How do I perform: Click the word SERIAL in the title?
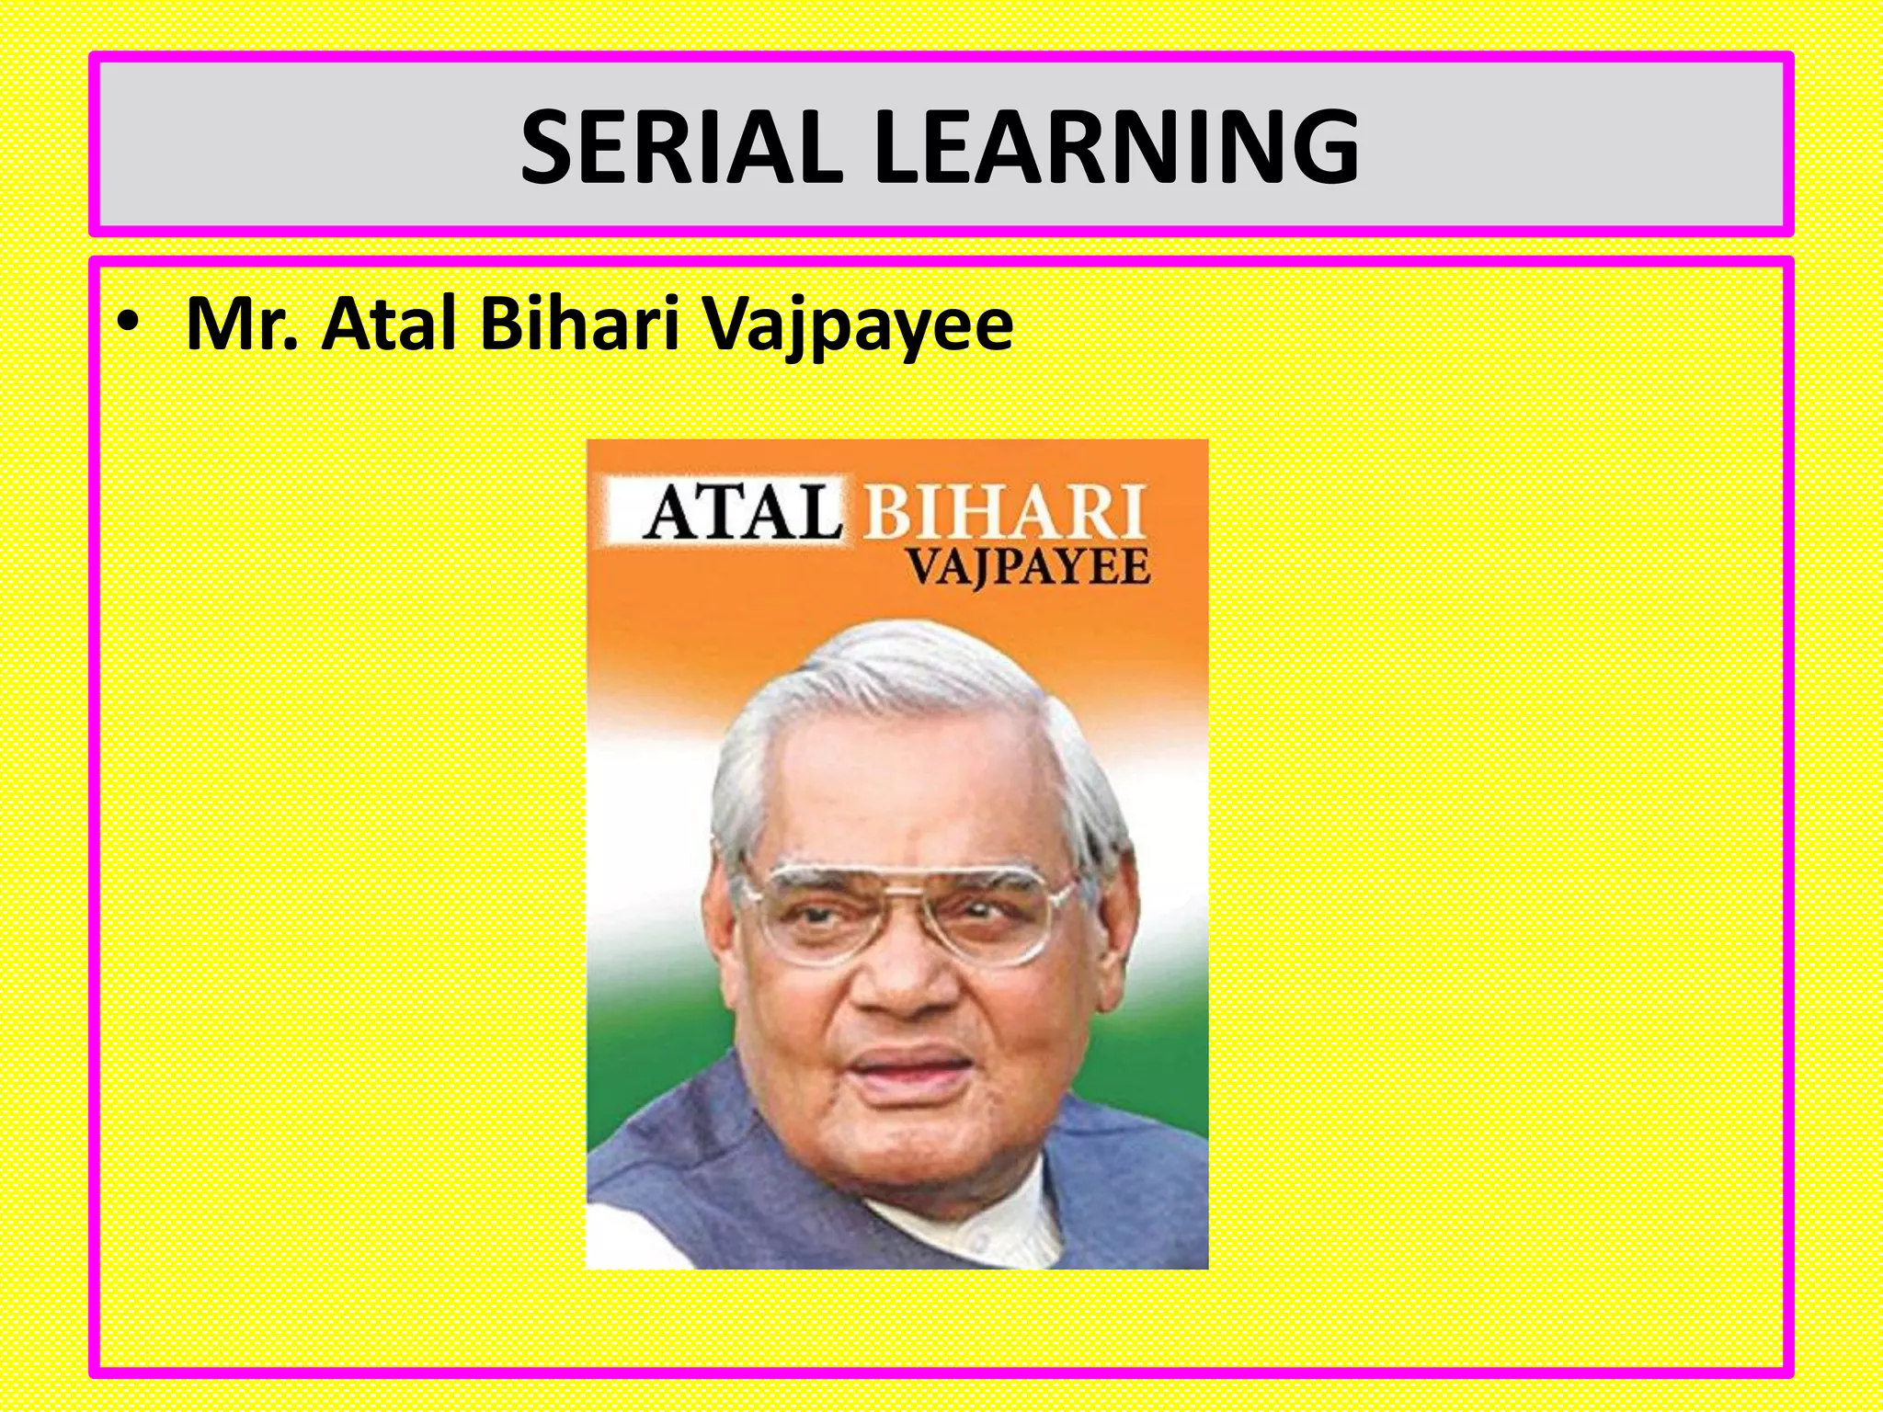[x=680, y=147]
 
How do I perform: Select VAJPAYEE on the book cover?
[x=1029, y=567]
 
